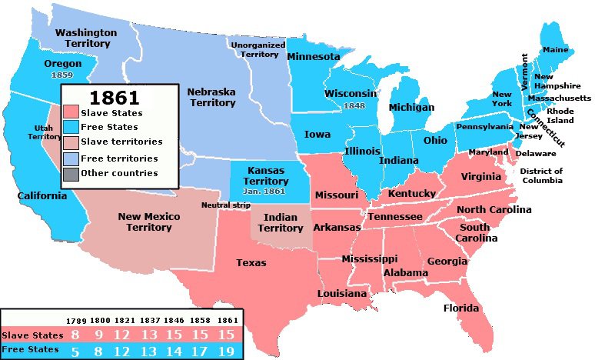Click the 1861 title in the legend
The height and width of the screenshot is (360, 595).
tap(114, 98)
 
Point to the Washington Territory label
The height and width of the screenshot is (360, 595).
tap(86, 38)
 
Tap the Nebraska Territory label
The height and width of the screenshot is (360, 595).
tap(211, 97)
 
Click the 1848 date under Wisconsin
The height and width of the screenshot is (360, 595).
tap(354, 105)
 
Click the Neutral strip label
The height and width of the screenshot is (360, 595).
tap(225, 205)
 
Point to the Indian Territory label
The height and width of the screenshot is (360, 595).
tap(280, 223)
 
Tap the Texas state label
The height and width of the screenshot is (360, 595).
tap(251, 263)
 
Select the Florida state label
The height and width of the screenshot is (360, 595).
tap(461, 308)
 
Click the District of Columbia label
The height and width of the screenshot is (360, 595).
tap(541, 175)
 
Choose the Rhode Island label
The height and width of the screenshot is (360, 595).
tap(560, 115)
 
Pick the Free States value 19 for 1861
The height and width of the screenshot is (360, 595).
tap(224, 351)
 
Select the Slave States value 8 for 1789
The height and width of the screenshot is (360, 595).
tap(75, 335)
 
